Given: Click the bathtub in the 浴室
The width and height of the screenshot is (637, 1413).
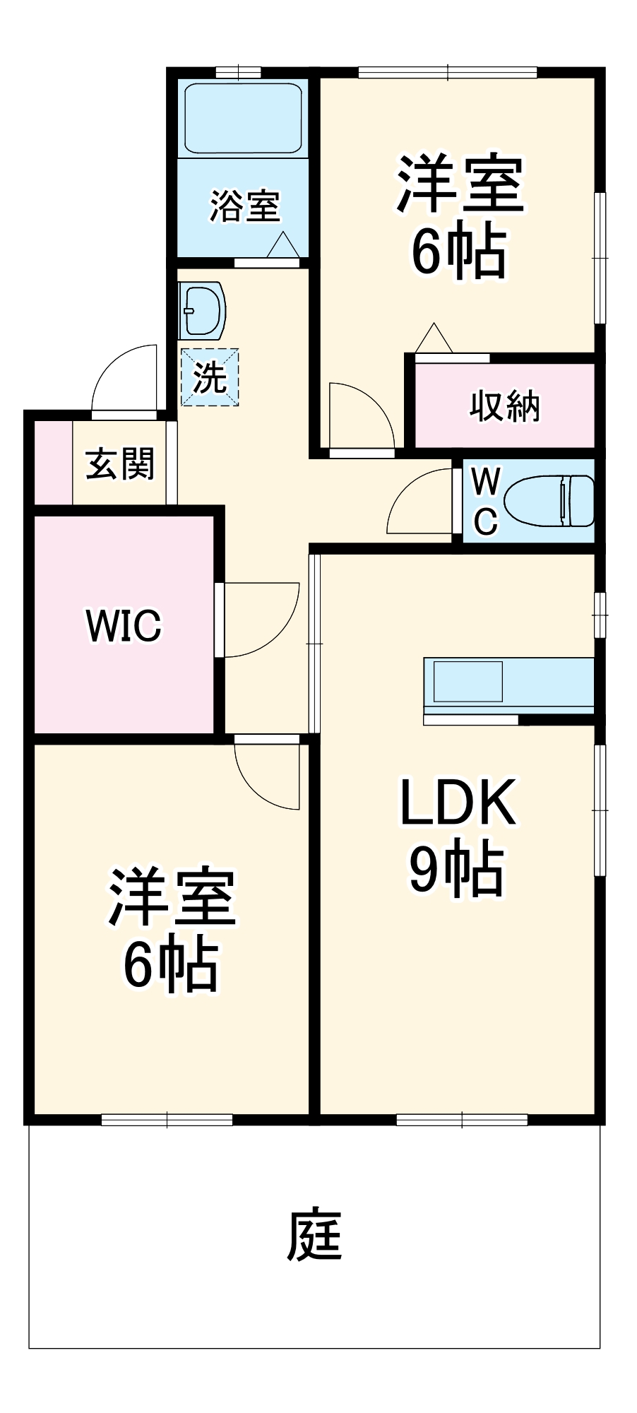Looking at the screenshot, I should pyautogui.click(x=243, y=119).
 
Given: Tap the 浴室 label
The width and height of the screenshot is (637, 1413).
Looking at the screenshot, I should pyautogui.click(x=244, y=206).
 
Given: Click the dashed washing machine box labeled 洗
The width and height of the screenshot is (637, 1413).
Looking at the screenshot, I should pyautogui.click(x=210, y=378).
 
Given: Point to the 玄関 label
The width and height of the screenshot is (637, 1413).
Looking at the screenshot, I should pyautogui.click(x=120, y=464).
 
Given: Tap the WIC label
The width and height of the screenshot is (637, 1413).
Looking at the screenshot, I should pyautogui.click(x=124, y=625).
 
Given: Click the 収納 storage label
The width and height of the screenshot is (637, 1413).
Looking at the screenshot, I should pyautogui.click(x=504, y=406).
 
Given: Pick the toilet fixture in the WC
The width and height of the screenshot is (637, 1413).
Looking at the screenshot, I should pyautogui.click(x=549, y=500).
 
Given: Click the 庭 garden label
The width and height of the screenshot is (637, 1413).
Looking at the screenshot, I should pyautogui.click(x=315, y=1236).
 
